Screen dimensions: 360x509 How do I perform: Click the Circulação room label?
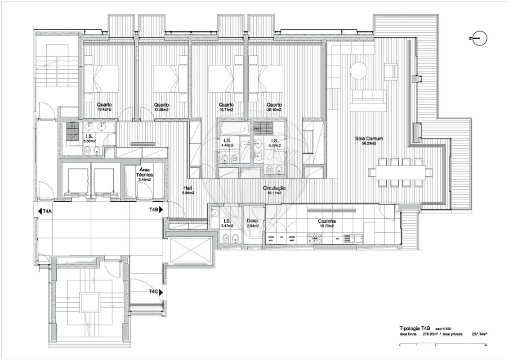tap(274, 188)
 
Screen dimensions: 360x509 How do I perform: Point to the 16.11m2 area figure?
tap(274, 193)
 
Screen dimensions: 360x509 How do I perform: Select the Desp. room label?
tap(253, 221)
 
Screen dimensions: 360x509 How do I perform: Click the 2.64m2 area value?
tap(253, 226)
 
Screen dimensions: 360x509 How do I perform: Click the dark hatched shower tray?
tap(263, 127)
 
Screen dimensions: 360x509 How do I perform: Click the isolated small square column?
tap(415, 79)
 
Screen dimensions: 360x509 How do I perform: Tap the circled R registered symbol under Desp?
tap(269, 246)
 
